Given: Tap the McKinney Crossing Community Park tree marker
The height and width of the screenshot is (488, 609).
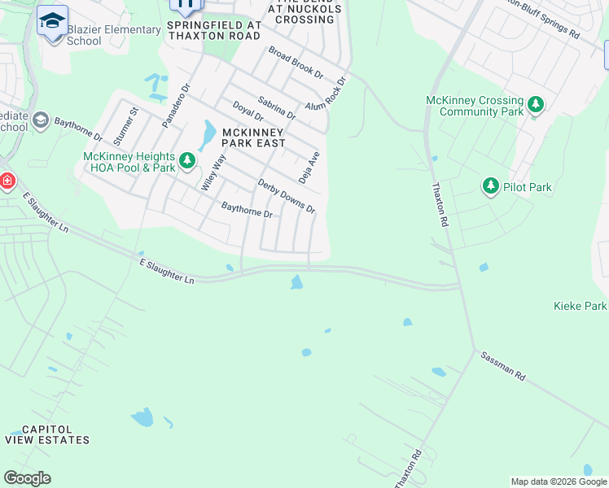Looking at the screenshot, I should pos(536,104).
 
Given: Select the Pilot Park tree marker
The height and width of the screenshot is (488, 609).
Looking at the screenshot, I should pos(490,186).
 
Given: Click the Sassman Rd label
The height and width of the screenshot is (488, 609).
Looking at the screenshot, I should pos(503,367).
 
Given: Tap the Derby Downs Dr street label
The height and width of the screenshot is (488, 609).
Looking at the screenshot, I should pos(286,195).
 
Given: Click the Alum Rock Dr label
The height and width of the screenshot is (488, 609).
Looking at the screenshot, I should pos(326,94).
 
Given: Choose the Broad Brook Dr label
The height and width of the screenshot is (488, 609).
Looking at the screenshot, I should pos(296,62).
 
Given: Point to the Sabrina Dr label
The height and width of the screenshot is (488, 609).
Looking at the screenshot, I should pos(276,109).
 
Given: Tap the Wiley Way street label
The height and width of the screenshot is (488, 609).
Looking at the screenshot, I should pos(213,172).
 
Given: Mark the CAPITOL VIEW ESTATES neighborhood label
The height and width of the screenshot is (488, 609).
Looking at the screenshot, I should pos(46,434).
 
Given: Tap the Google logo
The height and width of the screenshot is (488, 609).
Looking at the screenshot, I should pos(27,477).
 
